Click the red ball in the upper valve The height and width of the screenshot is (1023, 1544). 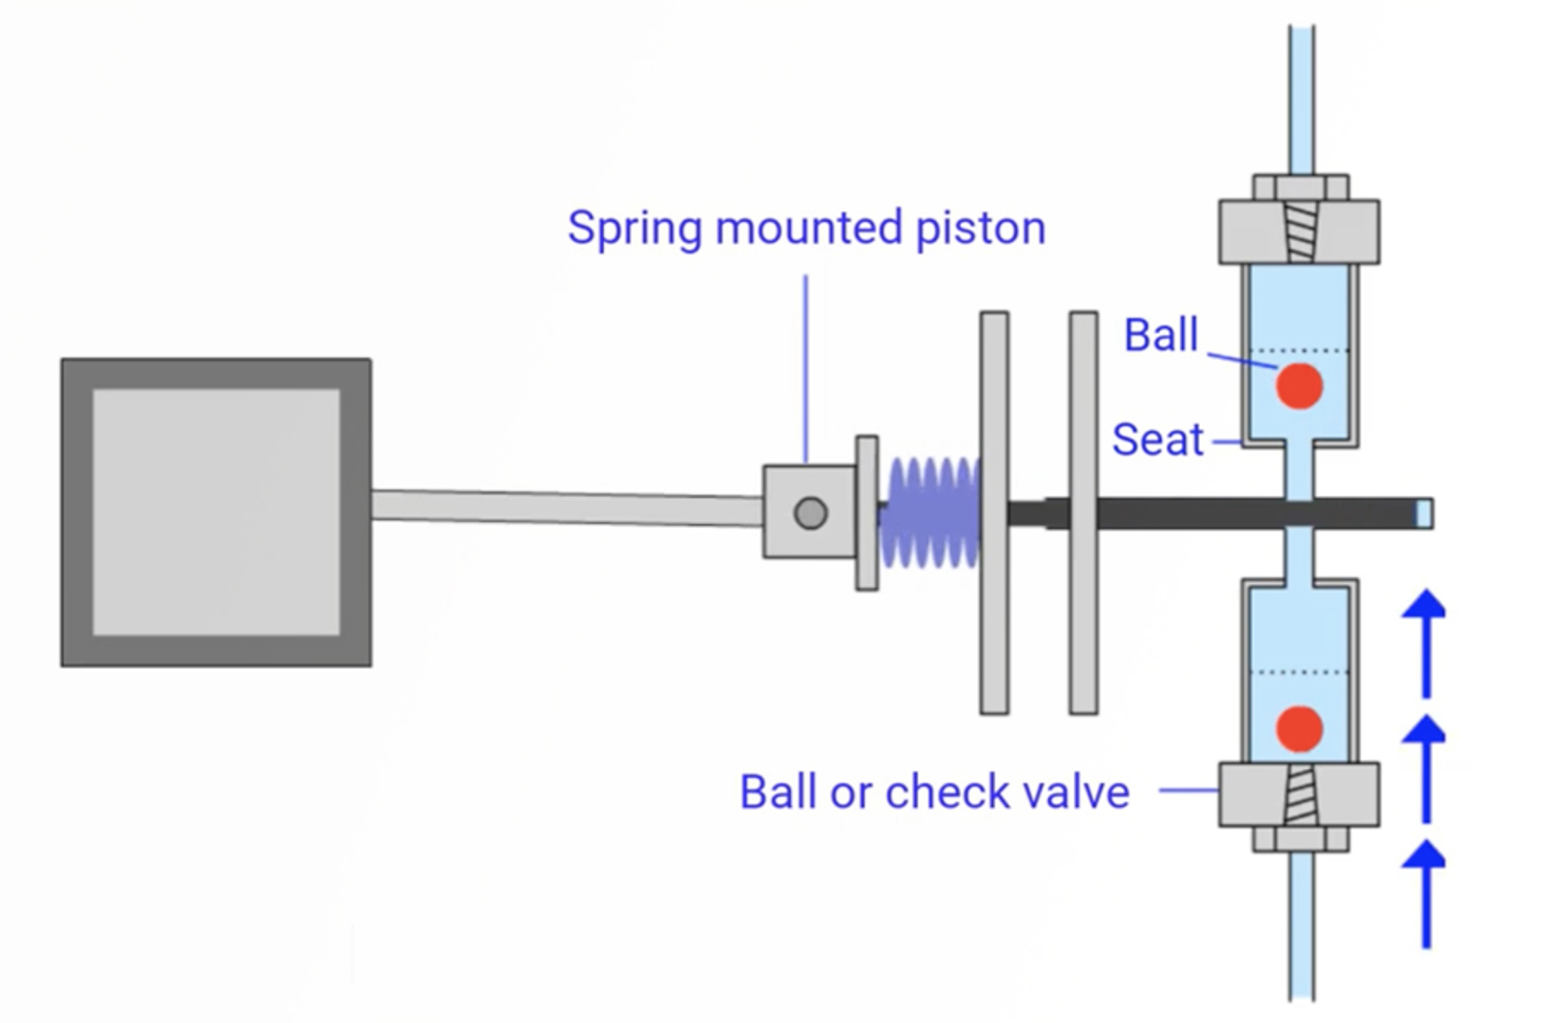pos(1299,386)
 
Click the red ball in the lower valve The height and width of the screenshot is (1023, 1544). pos(1299,728)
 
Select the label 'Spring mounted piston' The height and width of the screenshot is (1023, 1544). pos(806,229)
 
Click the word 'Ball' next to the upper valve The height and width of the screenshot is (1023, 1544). pos(1161,336)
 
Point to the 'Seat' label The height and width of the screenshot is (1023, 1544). pos(1157,440)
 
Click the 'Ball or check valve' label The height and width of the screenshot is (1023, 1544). pos(934,792)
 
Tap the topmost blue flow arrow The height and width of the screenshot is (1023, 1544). pos(1425,642)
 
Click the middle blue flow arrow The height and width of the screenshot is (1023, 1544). pos(1425,766)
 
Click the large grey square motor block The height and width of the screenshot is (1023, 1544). pos(216,512)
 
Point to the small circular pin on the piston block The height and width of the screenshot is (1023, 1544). pos(811,513)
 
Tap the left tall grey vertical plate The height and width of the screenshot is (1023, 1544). pos(994,512)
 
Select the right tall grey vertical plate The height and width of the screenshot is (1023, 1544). pos(1083,512)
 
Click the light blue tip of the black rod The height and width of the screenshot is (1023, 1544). pos(1423,513)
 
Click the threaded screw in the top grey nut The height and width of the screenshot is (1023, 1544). pos(1300,232)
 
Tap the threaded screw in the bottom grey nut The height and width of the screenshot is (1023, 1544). pos(1300,794)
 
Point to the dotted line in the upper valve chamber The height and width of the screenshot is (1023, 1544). pos(1299,350)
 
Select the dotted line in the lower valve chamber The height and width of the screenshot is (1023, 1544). pos(1299,672)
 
